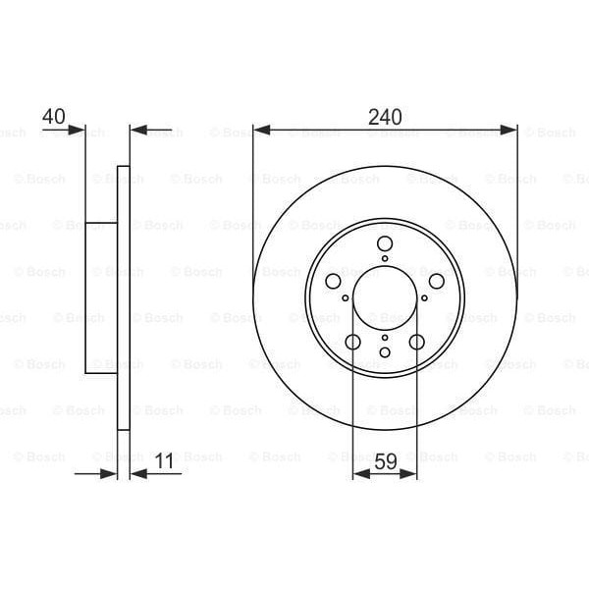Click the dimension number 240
coord(385,116)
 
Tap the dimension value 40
coord(54,116)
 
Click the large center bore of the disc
coord(385,297)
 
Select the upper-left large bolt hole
coord(334,282)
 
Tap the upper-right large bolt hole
coord(436,282)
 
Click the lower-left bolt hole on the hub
coord(353,342)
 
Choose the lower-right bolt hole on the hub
coord(416,342)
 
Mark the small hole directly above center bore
coord(385,259)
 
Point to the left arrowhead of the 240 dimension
coord(259,129)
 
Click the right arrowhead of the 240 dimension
coord(510,129)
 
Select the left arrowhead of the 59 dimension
coord(358,473)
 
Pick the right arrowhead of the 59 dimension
coord(411,473)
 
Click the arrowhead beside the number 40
coord(80,129)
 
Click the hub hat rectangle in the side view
coord(101,297)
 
